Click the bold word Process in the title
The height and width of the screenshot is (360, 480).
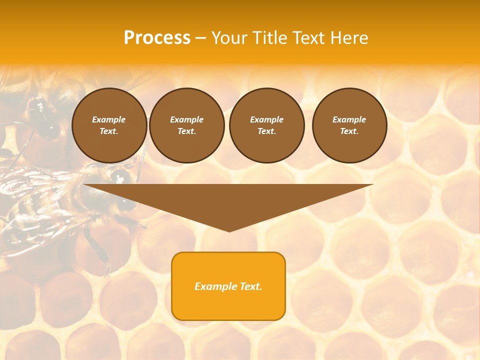pyautogui.click(x=157, y=38)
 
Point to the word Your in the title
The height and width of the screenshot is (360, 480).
pyautogui.click(x=231, y=38)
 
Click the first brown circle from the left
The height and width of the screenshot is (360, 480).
pyautogui.click(x=109, y=125)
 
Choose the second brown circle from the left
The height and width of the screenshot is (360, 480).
pyautogui.click(x=187, y=125)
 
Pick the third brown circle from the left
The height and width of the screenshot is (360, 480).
pyautogui.click(x=267, y=125)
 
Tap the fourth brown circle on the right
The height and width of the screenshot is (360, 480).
pyautogui.click(x=349, y=125)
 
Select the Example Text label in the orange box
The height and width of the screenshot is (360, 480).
pyautogui.click(x=228, y=286)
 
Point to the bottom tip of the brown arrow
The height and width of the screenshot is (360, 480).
pyautogui.click(x=229, y=230)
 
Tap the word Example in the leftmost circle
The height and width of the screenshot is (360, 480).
pyautogui.click(x=109, y=119)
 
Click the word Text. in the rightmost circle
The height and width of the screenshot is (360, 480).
pyautogui.click(x=349, y=131)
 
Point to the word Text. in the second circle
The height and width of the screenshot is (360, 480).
pyautogui.click(x=187, y=131)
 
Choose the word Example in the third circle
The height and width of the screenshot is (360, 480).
pyautogui.click(x=267, y=119)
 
